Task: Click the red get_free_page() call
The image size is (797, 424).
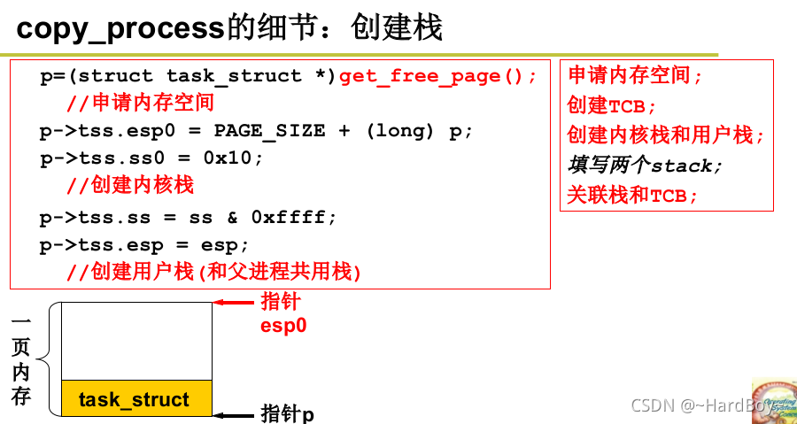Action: pos(437,76)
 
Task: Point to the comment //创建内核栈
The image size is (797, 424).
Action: pos(130,185)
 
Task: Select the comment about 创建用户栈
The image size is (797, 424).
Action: pos(214,271)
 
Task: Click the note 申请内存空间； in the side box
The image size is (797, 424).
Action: pos(635,76)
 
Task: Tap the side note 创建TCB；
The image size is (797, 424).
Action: pos(612,105)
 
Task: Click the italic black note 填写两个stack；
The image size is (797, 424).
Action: pos(645,166)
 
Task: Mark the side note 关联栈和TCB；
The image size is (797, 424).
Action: pos(632,196)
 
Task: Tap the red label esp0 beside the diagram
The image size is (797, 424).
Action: pos(283,326)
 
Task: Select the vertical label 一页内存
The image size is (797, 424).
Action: pos(21,359)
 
